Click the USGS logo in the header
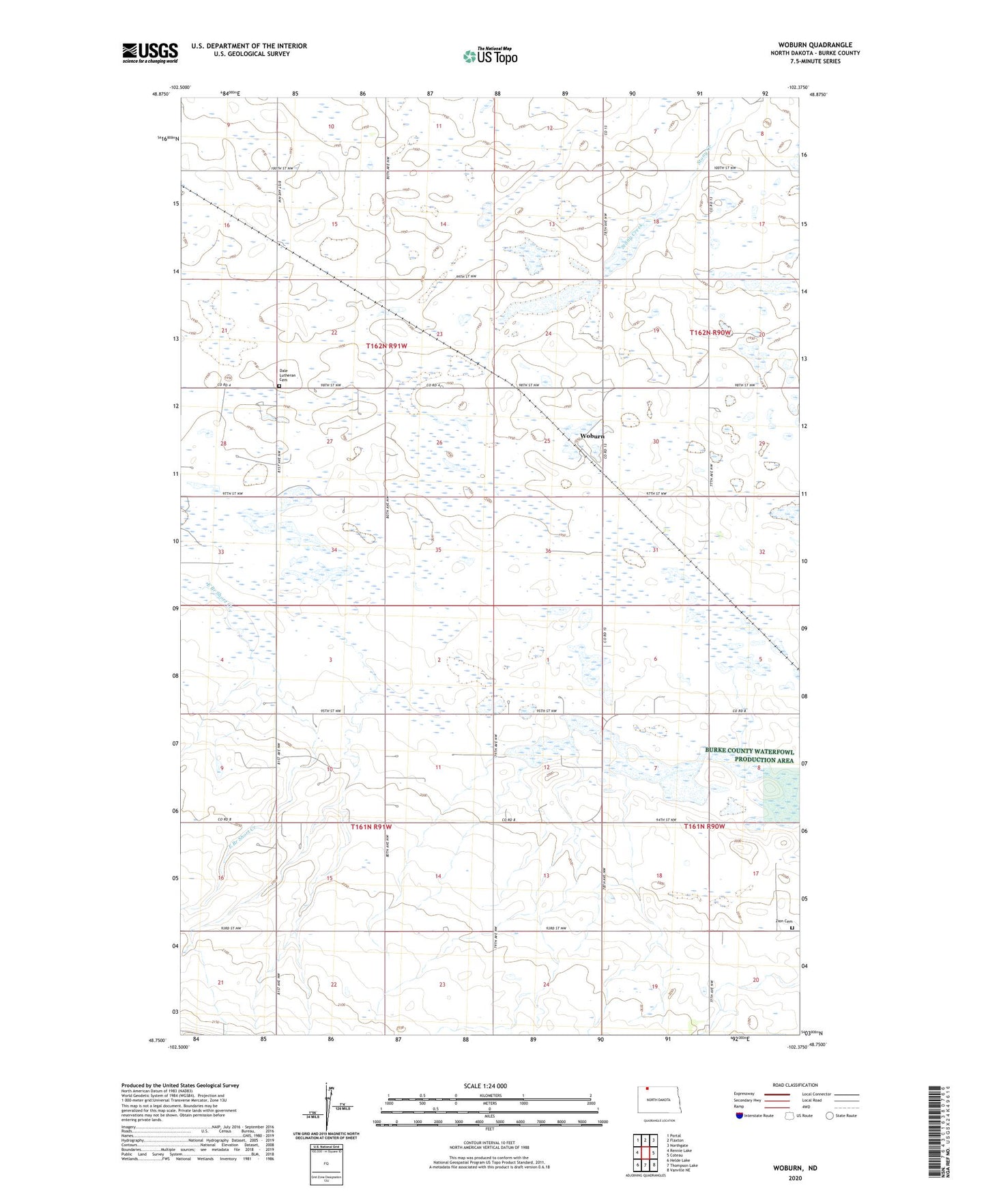[149, 53]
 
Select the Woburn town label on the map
[592, 436]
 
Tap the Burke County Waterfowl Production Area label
[749, 756]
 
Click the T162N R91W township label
[386, 346]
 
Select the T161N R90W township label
[705, 827]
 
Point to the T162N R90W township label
[710, 332]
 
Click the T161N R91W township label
[371, 827]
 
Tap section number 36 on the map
[548, 551]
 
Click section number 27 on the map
[330, 442]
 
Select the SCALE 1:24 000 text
[485, 1085]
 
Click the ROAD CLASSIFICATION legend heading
[796, 1085]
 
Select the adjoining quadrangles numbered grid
[645, 1150]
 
